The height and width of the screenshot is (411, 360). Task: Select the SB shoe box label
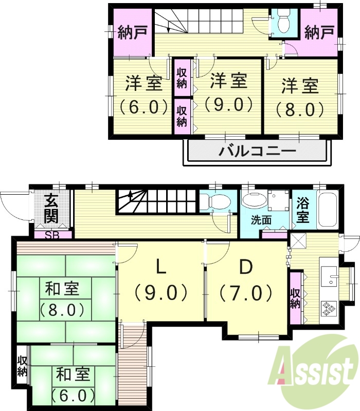(51, 236)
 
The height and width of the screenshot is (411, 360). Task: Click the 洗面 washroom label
(261, 220)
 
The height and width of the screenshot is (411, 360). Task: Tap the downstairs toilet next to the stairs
(215, 202)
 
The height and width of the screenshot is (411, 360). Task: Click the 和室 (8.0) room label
(62, 299)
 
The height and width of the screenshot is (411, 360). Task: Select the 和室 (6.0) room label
(74, 384)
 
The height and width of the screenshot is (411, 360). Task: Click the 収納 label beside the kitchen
(295, 298)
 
